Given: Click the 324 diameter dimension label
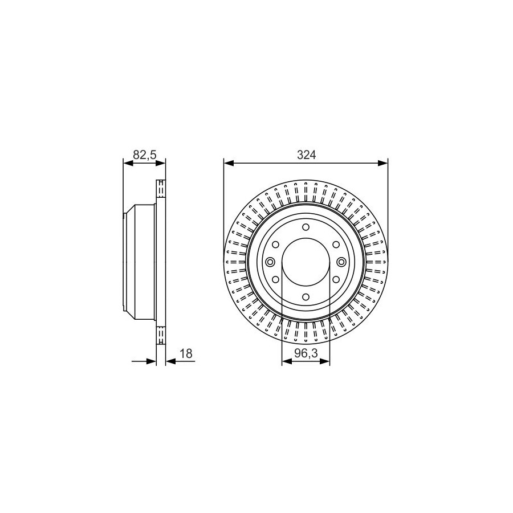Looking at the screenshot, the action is [x=306, y=155].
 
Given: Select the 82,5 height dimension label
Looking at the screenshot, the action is [x=144, y=154].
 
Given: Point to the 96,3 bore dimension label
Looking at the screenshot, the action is [x=306, y=353].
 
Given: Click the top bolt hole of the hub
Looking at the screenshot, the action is [x=306, y=227].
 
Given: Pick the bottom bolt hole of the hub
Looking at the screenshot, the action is [x=306, y=297].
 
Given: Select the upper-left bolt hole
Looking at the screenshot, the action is [x=275, y=245].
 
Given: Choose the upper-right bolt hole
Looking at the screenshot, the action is [x=336, y=245].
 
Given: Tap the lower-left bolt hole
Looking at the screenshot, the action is [x=275, y=279].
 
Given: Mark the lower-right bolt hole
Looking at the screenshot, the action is [x=336, y=279].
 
